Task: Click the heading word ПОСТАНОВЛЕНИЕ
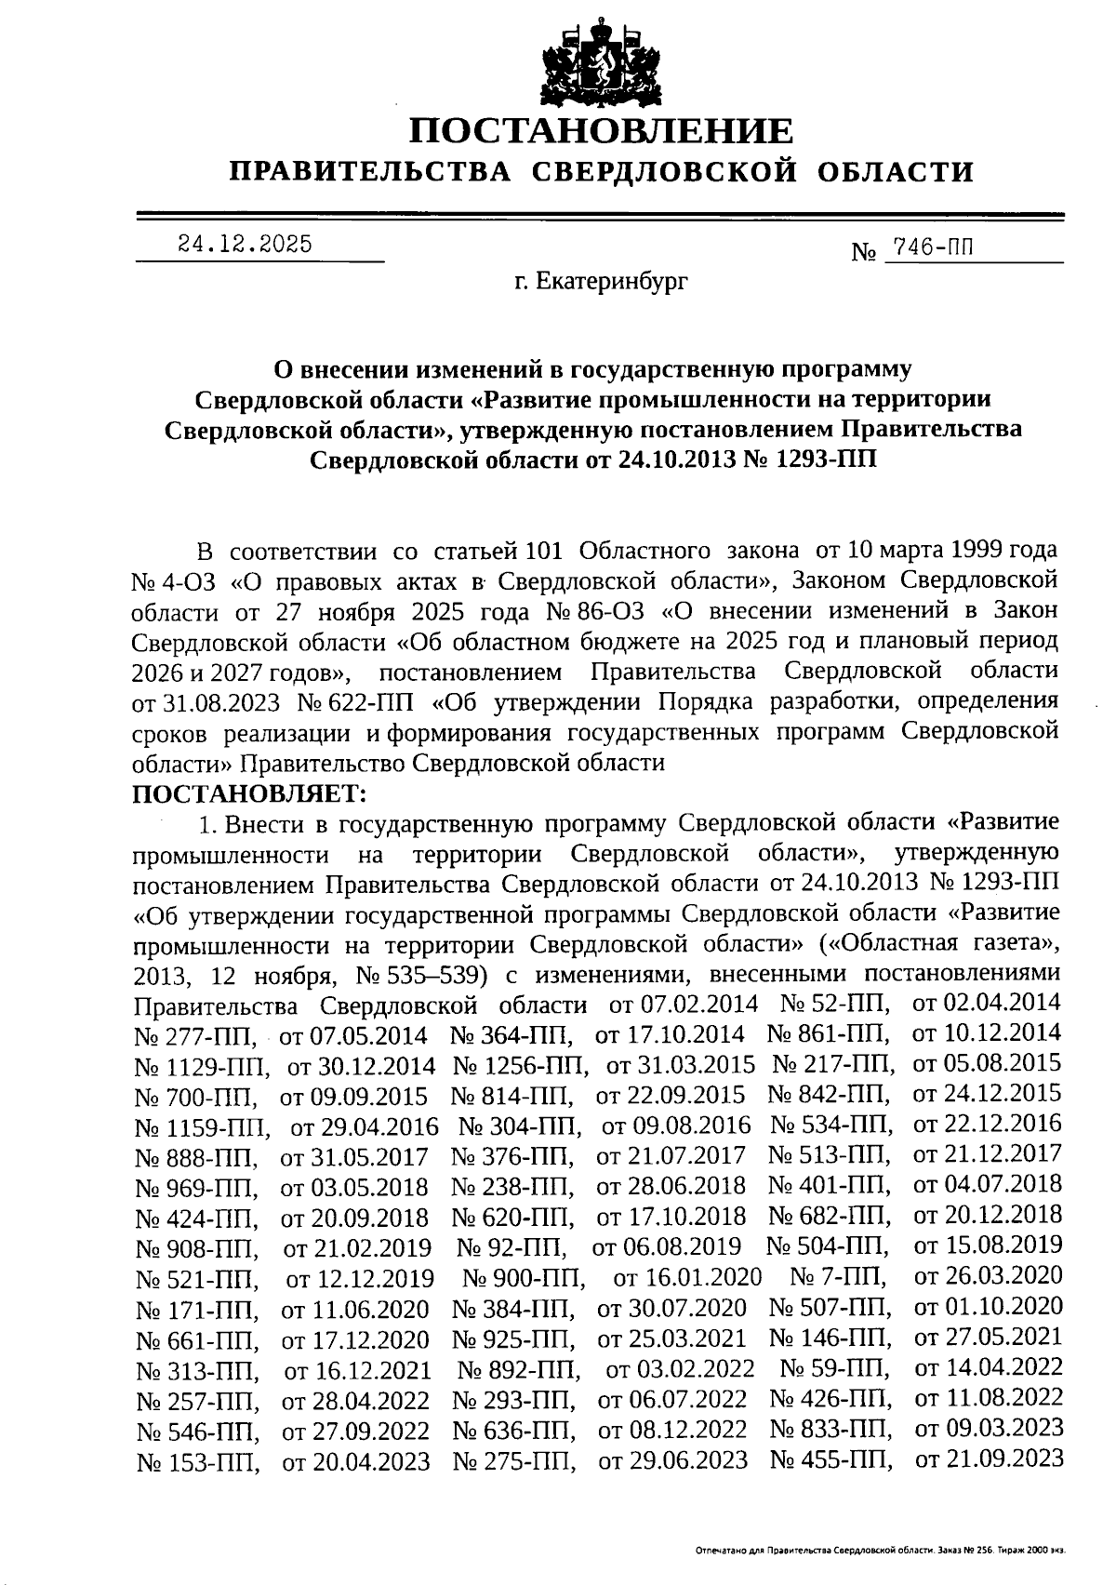(602, 131)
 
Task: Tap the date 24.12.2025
(245, 245)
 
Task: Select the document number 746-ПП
(935, 247)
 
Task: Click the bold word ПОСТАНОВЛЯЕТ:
(251, 793)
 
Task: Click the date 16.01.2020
(688, 1277)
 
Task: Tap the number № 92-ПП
(511, 1247)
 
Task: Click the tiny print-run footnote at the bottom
(879, 1552)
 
